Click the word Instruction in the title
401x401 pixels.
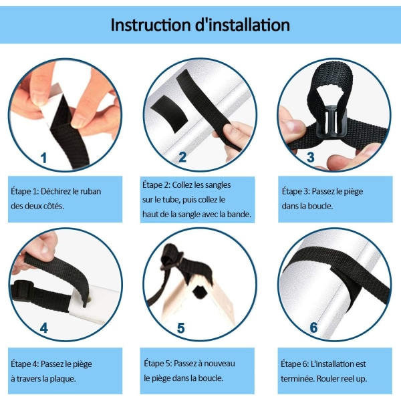[151, 25]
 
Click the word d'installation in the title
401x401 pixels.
[243, 25]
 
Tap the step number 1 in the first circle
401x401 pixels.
[43, 158]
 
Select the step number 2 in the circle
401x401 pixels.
[182, 157]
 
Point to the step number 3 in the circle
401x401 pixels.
[311, 157]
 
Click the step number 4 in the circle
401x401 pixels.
[43, 327]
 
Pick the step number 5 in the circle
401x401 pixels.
[181, 328]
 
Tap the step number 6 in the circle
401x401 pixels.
[313, 327]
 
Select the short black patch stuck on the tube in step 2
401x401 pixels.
[169, 114]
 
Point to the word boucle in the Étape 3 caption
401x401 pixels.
[320, 206]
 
